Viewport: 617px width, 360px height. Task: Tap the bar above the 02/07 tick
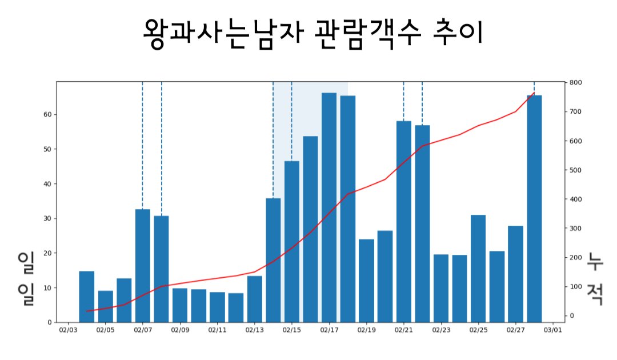pyautogui.click(x=143, y=266)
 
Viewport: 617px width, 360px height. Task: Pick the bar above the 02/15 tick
pyautogui.click(x=292, y=242)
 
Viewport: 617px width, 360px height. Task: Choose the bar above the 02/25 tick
pyautogui.click(x=478, y=269)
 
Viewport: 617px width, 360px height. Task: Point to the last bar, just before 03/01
pyautogui.click(x=534, y=209)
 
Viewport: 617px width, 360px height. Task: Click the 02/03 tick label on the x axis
pyautogui.click(x=68, y=330)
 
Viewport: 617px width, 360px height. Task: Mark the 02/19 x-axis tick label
pyautogui.click(x=367, y=330)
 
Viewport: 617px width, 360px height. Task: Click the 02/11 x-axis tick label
pyautogui.click(x=217, y=330)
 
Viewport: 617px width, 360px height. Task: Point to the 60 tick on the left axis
pyautogui.click(x=48, y=114)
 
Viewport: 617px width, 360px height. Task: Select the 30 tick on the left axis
pyautogui.click(x=48, y=218)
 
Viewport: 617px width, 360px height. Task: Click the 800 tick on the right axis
pyautogui.click(x=576, y=83)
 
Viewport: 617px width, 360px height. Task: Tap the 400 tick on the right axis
pyautogui.click(x=576, y=199)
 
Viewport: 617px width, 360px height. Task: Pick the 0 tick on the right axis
pyautogui.click(x=572, y=315)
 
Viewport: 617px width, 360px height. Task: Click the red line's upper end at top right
pyautogui.click(x=534, y=93)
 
